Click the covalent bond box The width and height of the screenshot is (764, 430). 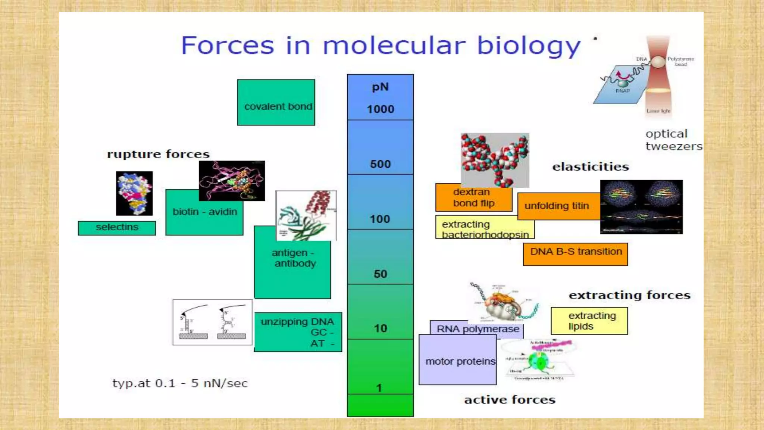[276, 103]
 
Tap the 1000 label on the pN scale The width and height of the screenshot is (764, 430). [380, 109]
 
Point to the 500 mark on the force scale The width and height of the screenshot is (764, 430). [380, 164]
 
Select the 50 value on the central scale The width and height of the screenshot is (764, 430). [380, 274]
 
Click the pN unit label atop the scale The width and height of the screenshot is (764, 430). [380, 87]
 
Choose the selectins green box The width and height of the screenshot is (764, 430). [117, 228]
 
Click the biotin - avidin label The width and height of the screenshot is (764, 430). [205, 212]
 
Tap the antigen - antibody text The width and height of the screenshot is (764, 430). [294, 258]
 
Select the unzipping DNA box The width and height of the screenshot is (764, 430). [298, 332]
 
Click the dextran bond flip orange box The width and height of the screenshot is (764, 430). [473, 198]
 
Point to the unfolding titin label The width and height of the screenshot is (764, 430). [557, 206]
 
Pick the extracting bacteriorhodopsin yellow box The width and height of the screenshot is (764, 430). [484, 228]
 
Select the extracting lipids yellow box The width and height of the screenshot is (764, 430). [589, 321]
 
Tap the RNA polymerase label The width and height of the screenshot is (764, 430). [477, 329]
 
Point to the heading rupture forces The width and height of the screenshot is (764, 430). [158, 154]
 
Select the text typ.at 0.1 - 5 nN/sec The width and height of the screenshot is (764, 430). [180, 383]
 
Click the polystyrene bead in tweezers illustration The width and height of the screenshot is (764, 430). [658, 62]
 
